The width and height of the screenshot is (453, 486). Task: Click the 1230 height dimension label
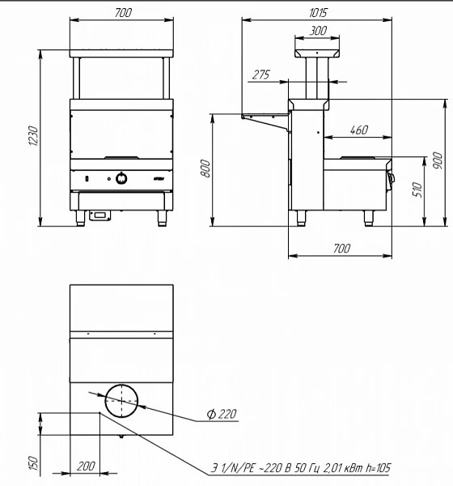coord(33,136)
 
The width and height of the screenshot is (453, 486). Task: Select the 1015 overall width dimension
coord(318,13)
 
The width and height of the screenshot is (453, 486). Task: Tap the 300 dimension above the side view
coord(318,31)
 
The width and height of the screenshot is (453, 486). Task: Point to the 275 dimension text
coord(261,75)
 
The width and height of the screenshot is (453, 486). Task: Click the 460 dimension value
coord(359,130)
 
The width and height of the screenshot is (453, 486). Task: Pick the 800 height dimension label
coord(205,168)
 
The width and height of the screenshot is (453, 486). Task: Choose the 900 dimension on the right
coord(438,160)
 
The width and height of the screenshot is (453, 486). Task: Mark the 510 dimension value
coord(417,190)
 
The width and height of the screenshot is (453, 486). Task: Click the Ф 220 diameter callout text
coord(222,414)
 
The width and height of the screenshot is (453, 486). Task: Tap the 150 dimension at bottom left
coord(33,463)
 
